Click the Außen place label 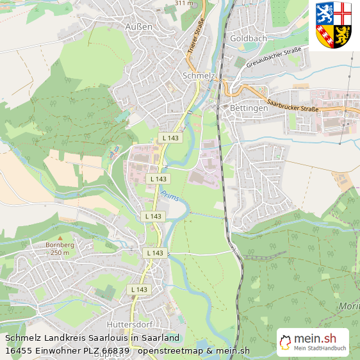pos(139,27)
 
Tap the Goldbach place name pos(248,38)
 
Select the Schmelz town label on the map pos(198,76)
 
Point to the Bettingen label pos(249,108)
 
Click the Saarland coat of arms pos(334,26)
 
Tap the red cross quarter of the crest pos(343,12)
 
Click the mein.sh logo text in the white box pos(315,338)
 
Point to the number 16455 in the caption pos(19,350)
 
